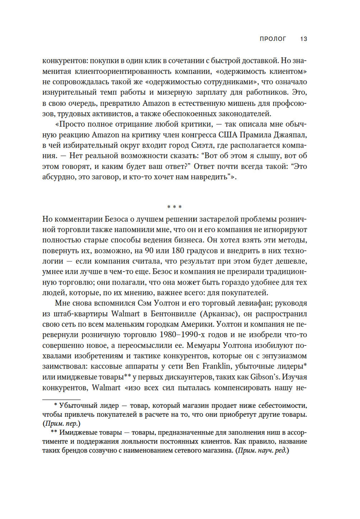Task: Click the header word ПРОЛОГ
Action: [273, 39]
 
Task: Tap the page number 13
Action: [303, 39]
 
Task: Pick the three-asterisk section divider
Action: [175, 207]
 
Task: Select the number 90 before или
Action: [149, 251]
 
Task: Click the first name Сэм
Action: [145, 303]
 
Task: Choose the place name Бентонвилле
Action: [173, 314]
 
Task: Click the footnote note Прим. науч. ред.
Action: [262, 451]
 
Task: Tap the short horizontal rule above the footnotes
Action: [61, 399]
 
